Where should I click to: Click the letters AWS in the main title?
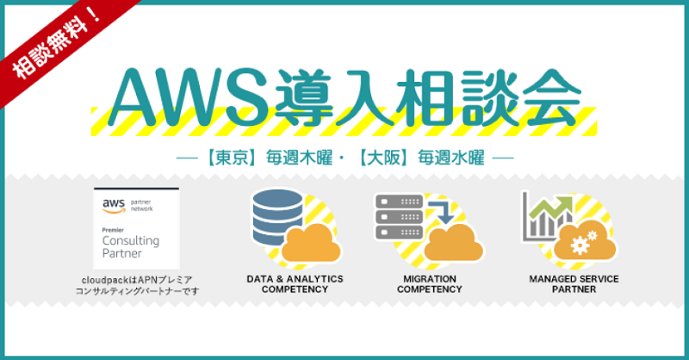(x=189, y=97)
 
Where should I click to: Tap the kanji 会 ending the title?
(x=552, y=96)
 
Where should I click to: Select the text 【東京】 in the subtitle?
(x=232, y=158)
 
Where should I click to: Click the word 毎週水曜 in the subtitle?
(x=450, y=158)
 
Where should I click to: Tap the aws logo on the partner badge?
(x=114, y=206)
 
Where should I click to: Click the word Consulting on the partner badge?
(x=131, y=240)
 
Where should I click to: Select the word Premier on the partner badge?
(x=113, y=230)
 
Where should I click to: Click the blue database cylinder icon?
(x=277, y=218)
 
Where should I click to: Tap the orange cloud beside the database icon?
(x=311, y=243)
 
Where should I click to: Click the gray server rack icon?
(x=399, y=217)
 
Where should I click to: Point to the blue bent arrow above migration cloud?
(x=442, y=212)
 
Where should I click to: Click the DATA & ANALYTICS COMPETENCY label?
(x=295, y=284)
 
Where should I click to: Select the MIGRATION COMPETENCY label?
(x=429, y=284)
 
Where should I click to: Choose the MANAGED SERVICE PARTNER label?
(x=574, y=284)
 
